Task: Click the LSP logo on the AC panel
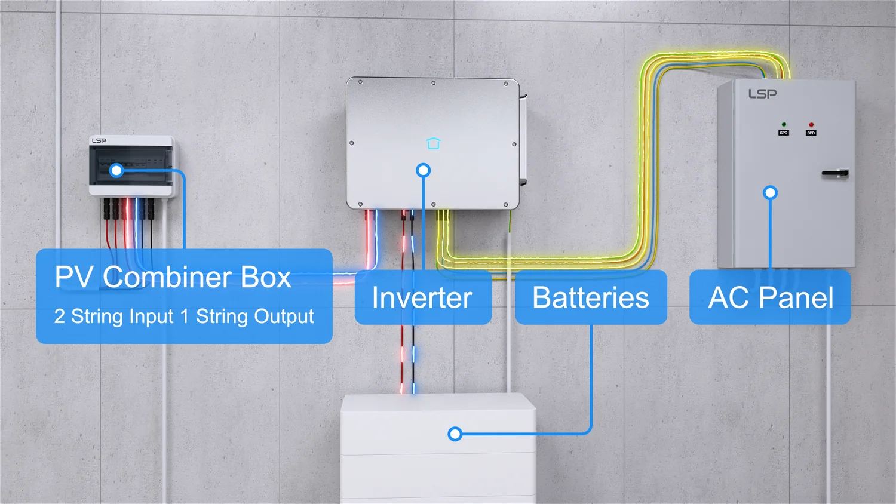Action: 762,94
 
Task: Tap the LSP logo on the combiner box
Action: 99,140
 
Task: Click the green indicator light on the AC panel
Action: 784,125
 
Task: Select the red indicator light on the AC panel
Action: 811,125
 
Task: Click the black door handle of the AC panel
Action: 834,174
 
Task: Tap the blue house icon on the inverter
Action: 434,143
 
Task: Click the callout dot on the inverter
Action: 423,171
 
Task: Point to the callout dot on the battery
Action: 455,434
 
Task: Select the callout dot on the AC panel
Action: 770,193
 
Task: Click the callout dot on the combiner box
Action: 117,171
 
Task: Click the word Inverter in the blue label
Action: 422,298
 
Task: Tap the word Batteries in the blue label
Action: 590,298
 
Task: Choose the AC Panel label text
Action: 771,298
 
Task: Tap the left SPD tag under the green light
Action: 784,133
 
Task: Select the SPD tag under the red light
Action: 811,133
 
